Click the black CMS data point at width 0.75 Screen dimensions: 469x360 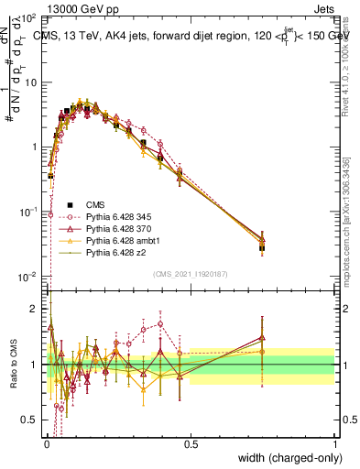263,247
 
